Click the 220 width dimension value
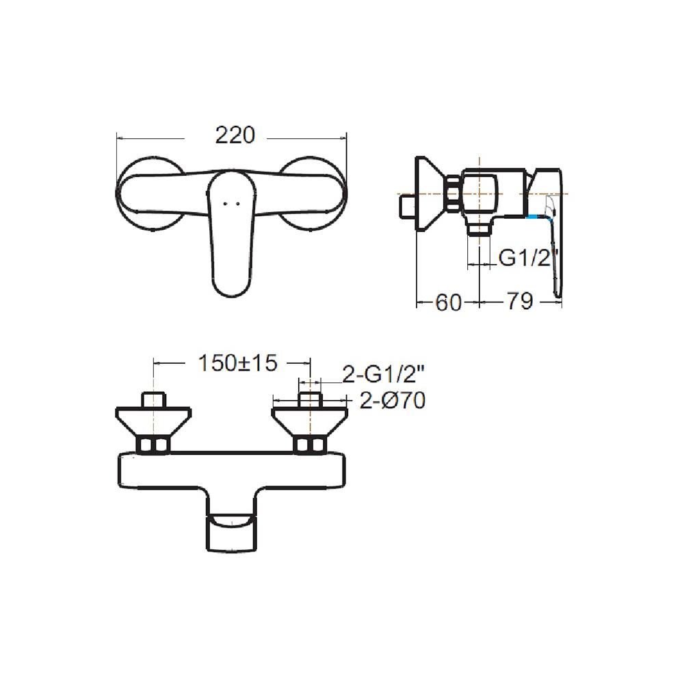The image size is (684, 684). tap(235, 135)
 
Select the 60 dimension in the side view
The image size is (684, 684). tap(448, 302)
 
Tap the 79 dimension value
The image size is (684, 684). tap(519, 302)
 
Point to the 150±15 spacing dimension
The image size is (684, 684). tap(237, 363)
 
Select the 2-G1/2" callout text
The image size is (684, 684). tap(383, 374)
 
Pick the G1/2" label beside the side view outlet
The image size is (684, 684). tap(529, 259)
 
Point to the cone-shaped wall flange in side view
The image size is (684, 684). tap(427, 195)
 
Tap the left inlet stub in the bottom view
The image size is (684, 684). tap(153, 399)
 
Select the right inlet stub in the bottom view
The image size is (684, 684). tap(310, 399)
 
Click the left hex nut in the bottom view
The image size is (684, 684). tap(153, 446)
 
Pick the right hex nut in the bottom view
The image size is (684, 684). tap(310, 446)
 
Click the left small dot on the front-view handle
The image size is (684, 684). tap(225, 203)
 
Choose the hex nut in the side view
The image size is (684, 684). tap(452, 193)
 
